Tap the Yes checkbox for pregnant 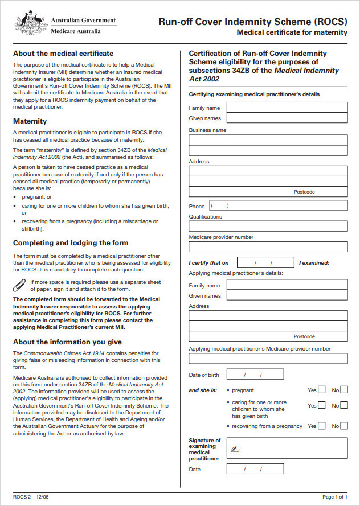(x=322, y=390)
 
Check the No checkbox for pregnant (x=344, y=390)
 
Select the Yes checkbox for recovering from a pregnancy (x=322, y=426)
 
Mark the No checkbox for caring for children (x=344, y=405)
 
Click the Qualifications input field (x=268, y=226)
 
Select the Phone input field (x=277, y=205)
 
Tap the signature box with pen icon (x=287, y=448)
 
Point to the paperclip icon (x=19, y=285)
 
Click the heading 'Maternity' (x=30, y=121)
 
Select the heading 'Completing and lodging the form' (x=71, y=243)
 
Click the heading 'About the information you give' (x=67, y=342)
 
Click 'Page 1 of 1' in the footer (x=334, y=496)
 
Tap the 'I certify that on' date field (x=257, y=263)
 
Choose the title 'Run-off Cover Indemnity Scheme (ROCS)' (x=253, y=22)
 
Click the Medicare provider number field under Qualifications (x=268, y=246)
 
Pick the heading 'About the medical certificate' (x=63, y=54)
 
